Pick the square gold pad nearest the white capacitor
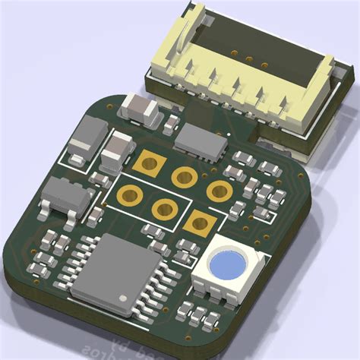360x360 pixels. click(x=150, y=162)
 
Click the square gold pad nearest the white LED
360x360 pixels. click(x=200, y=223)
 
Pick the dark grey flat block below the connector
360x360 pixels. click(x=201, y=140)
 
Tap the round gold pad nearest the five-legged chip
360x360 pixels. click(x=129, y=194)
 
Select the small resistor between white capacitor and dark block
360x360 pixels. click(x=171, y=122)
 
